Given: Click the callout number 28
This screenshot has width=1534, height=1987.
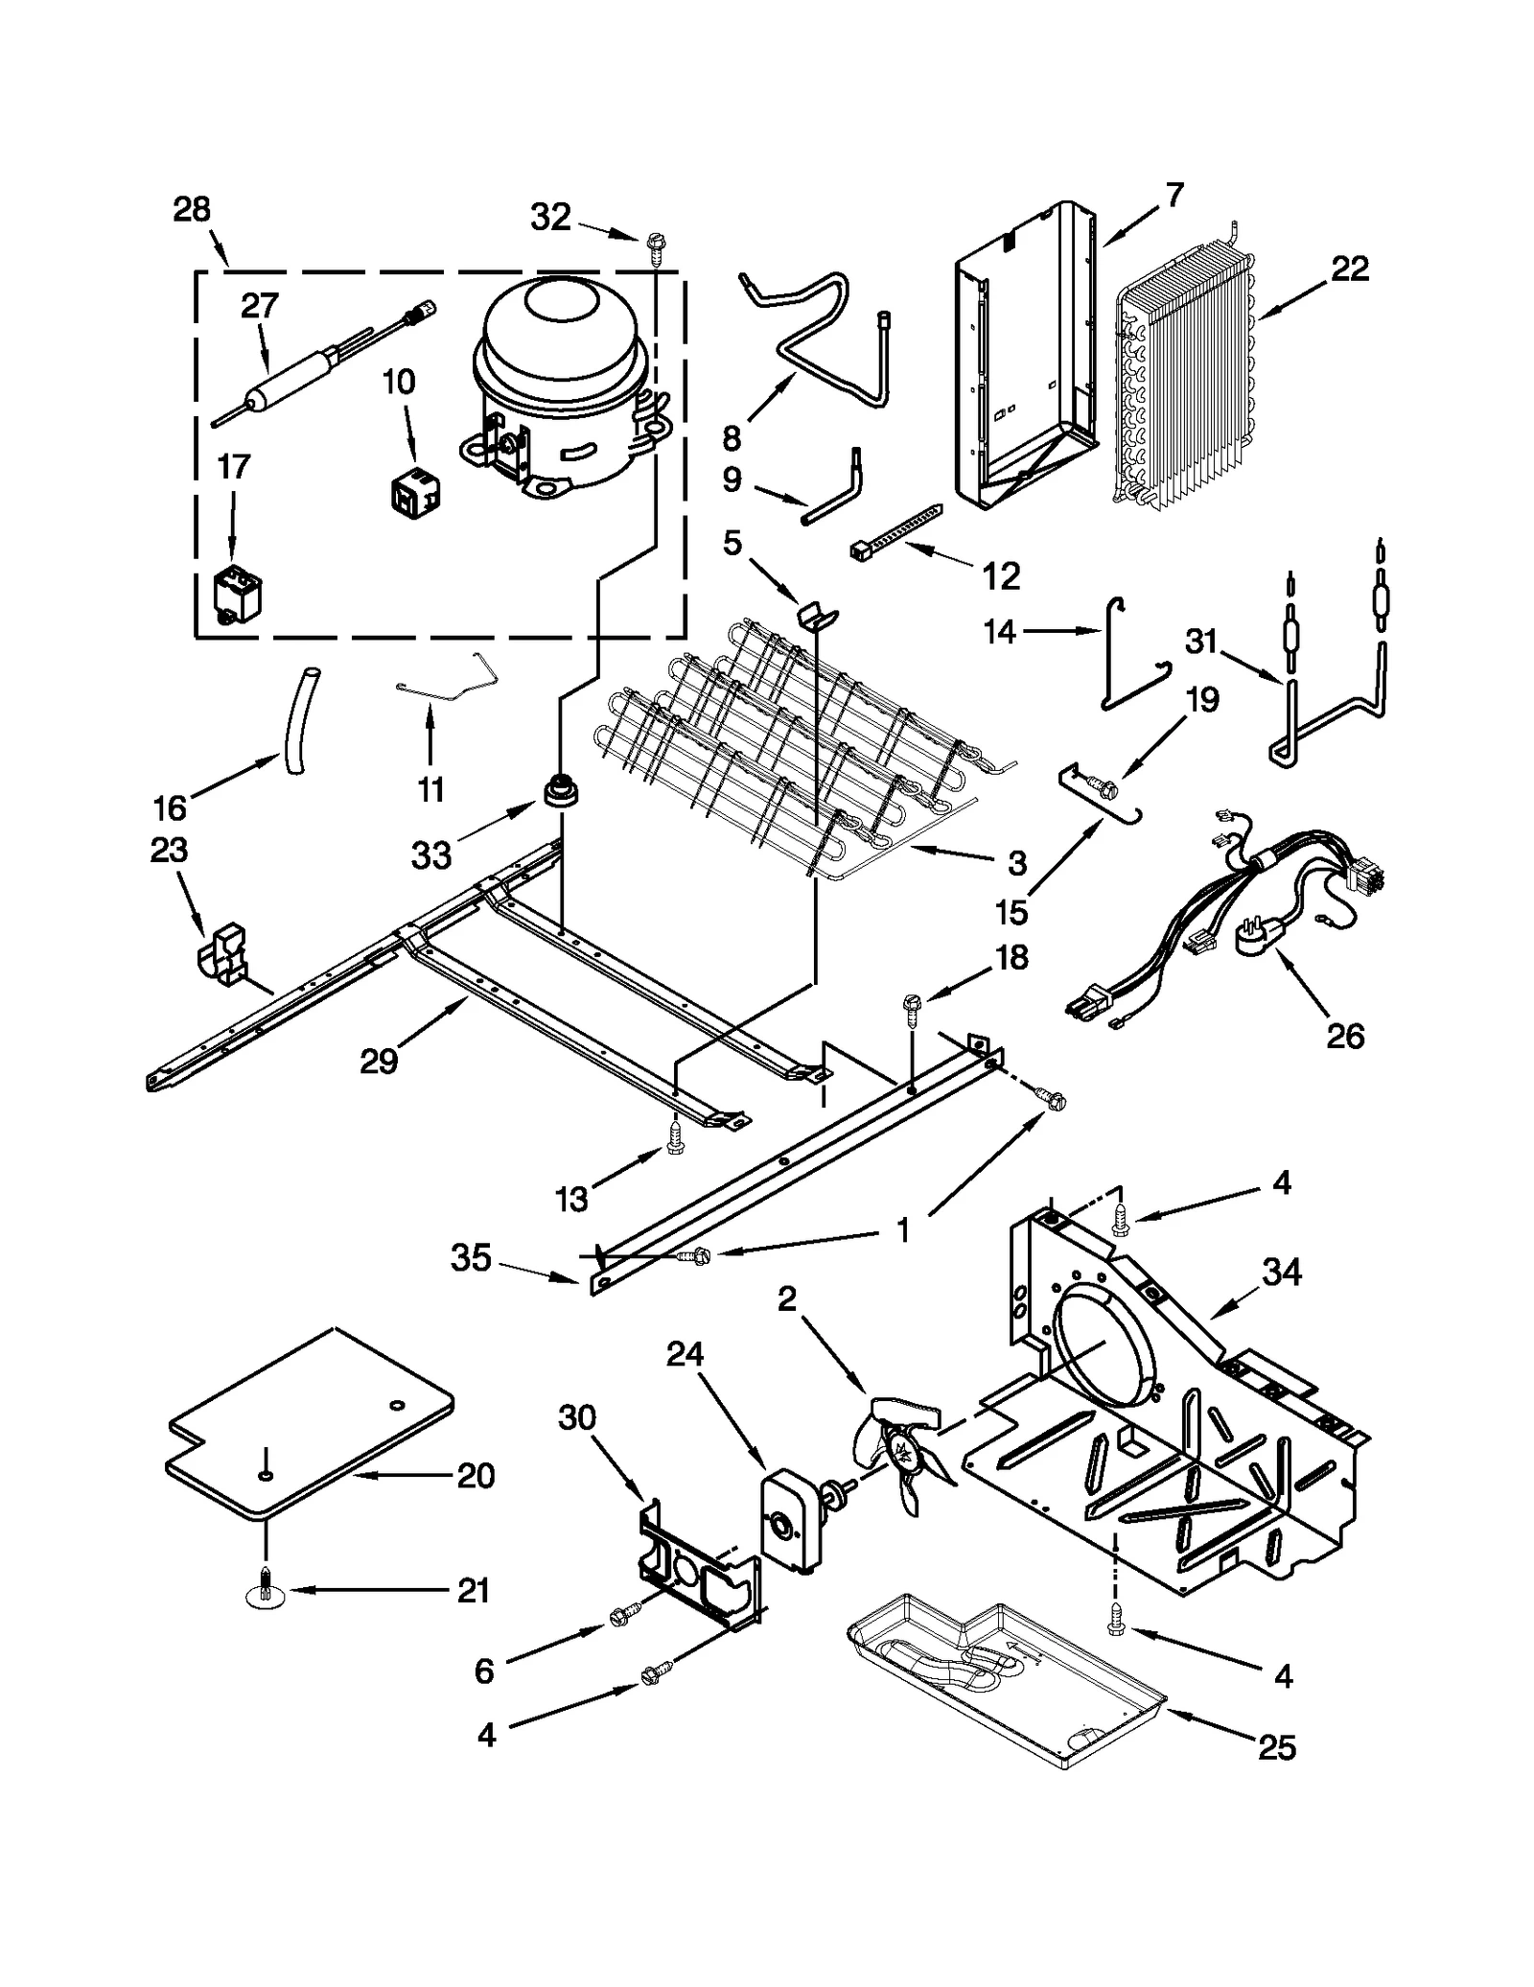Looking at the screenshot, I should pos(191,209).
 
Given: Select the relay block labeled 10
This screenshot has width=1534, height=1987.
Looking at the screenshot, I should pos(414,493).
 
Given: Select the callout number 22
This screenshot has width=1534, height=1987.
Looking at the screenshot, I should pos(1349,269).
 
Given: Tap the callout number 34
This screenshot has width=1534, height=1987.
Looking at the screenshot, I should pos(1282,1273).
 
